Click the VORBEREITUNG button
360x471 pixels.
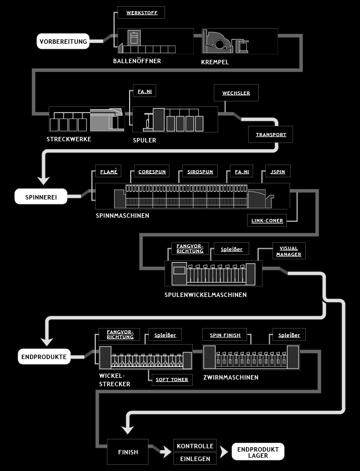click(x=63, y=42)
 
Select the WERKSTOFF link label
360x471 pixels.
click(x=141, y=13)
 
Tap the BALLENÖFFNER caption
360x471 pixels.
click(x=137, y=61)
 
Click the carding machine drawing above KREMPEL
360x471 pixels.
click(x=225, y=42)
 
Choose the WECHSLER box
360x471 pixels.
click(x=236, y=93)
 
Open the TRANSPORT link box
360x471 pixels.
click(x=270, y=134)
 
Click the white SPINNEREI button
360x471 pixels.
click(x=41, y=197)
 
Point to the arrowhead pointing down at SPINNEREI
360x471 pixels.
click(x=44, y=180)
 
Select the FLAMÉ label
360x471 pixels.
click(x=109, y=171)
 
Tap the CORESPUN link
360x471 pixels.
click(x=152, y=171)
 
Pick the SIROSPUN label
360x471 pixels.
click(x=200, y=171)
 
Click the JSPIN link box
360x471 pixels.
click(x=277, y=171)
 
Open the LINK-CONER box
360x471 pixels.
click(x=267, y=220)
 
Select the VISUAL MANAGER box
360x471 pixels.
click(x=289, y=251)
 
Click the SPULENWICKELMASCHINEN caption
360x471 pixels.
click(x=205, y=295)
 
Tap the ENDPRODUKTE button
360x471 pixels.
click(x=44, y=356)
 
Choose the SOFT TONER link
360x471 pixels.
click(x=172, y=380)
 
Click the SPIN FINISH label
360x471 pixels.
click(x=225, y=335)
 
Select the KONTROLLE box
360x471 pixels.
click(x=195, y=446)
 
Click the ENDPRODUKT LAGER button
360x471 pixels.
click(x=258, y=452)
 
